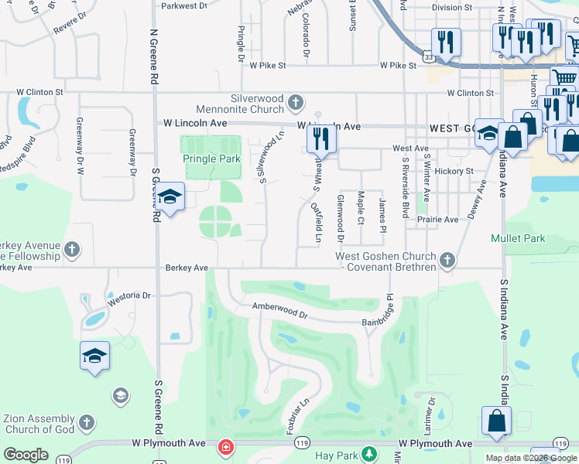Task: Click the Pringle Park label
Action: (211, 159)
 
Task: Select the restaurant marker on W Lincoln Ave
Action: (321, 139)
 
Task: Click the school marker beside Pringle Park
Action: (169, 198)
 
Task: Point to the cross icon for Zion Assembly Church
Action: (87, 423)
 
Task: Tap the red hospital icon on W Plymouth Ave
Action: (225, 447)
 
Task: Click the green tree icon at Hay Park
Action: (370, 454)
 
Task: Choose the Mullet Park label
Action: (517, 239)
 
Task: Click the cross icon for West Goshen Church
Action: (447, 261)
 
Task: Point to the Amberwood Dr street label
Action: (279, 312)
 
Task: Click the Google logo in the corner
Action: (26, 455)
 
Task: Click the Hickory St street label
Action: (454, 171)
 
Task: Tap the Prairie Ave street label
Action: (439, 220)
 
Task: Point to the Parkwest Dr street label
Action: (184, 6)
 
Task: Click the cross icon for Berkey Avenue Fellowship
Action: (72, 249)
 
